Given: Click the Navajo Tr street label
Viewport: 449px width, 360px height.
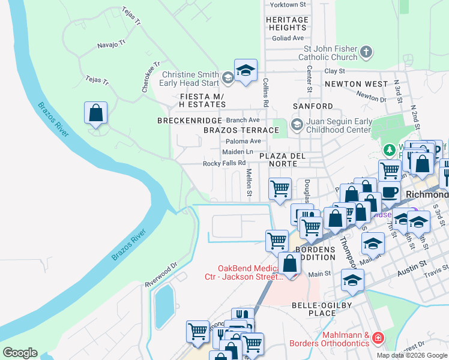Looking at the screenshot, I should click(111, 44).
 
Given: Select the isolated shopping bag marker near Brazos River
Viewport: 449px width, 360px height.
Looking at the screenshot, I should click(96, 113).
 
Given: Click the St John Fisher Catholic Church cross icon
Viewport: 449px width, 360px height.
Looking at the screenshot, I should click(366, 53).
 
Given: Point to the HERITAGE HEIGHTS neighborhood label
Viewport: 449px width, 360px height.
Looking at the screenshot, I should click(288, 23).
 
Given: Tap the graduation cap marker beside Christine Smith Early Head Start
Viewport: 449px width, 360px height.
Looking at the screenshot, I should click(245, 71).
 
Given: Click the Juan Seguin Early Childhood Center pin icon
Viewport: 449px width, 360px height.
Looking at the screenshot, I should click(296, 125).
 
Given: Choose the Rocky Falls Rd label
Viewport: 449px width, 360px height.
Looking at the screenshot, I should click(224, 163).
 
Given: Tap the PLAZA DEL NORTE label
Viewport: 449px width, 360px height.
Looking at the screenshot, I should click(283, 160).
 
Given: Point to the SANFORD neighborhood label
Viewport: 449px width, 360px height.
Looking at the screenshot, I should click(312, 106).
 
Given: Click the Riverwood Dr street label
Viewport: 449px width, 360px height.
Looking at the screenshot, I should click(161, 274).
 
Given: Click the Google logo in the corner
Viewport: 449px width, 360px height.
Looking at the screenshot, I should click(20, 352).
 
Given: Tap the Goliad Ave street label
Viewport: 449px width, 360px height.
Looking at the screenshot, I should click(288, 38).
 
